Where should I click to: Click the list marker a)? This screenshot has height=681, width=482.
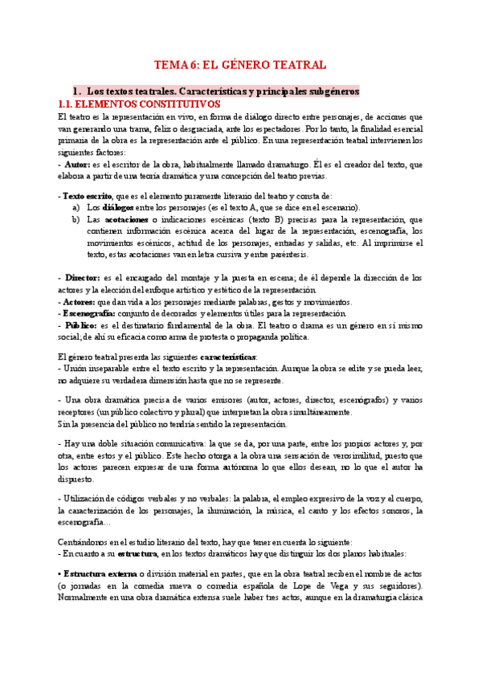76,207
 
